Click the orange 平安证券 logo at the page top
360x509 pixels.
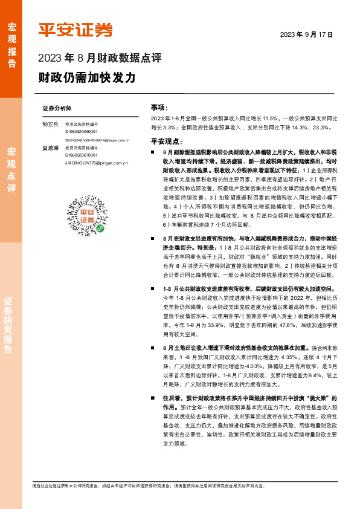coord(76,30)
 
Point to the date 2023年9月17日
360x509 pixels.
coord(306,34)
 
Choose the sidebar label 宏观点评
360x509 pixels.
coord(11,169)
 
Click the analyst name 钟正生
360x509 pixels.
coord(50,123)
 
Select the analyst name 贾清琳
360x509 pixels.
coord(50,148)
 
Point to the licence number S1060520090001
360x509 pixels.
coord(82,131)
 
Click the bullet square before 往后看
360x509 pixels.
coord(155,398)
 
